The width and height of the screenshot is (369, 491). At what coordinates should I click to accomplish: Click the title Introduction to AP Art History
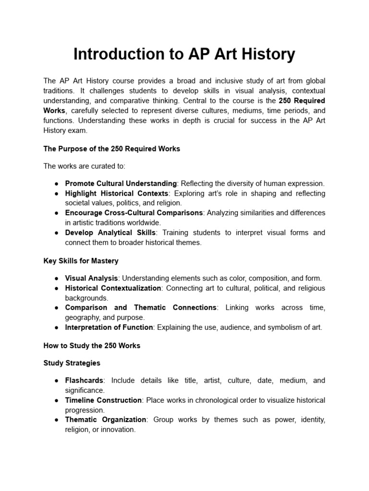pyautogui.click(x=184, y=55)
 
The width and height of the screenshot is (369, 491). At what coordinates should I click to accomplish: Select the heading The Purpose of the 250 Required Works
pyautogui.click(x=111, y=149)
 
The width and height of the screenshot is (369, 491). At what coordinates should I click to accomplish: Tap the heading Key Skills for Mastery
pyautogui.click(x=81, y=261)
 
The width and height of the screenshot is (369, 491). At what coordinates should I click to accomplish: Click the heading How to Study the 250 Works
pyautogui.click(x=92, y=346)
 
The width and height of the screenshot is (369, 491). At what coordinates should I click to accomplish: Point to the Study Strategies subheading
pyautogui.click(x=72, y=363)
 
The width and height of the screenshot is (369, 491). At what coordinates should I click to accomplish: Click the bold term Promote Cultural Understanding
pyautogui.click(x=121, y=183)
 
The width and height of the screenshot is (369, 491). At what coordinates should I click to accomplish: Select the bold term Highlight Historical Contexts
pyautogui.click(x=117, y=193)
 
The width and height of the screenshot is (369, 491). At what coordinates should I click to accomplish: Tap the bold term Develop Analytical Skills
pyautogui.click(x=110, y=233)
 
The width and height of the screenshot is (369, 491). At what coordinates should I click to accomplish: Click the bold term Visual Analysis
pyautogui.click(x=91, y=278)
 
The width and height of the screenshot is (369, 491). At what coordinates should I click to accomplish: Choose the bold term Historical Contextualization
pyautogui.click(x=113, y=288)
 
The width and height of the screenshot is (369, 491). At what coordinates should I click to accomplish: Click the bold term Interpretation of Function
pyautogui.click(x=109, y=327)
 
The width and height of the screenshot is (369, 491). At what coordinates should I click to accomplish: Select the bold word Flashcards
pyautogui.click(x=84, y=380)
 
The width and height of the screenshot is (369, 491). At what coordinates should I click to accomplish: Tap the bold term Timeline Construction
pyautogui.click(x=103, y=400)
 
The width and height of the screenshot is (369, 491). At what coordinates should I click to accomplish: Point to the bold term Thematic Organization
pyautogui.click(x=106, y=420)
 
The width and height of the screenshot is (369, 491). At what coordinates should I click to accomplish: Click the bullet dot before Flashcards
pyautogui.click(x=57, y=381)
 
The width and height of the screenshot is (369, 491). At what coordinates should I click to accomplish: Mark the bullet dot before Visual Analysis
pyautogui.click(x=57, y=279)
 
